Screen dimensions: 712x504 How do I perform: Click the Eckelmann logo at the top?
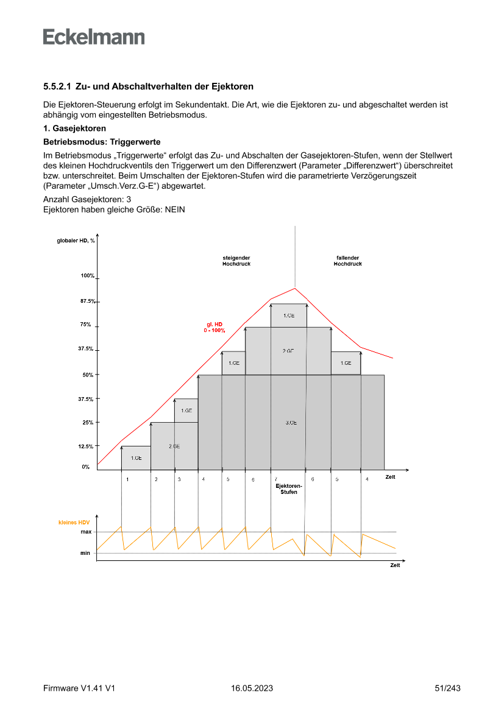[94, 37]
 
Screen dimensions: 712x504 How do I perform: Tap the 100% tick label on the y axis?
[87, 276]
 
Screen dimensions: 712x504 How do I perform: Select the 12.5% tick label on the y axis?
[86, 446]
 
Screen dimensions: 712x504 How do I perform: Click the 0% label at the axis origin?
[86, 467]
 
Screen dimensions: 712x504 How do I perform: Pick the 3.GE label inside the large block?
[291, 422]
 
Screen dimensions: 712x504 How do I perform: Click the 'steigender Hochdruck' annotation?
[236, 261]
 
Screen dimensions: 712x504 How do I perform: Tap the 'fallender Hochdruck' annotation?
[347, 261]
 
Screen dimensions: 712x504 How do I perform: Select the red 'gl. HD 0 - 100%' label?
[215, 327]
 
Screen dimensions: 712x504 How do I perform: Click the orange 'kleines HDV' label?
[74, 522]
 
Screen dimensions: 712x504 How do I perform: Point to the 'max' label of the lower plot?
[86, 532]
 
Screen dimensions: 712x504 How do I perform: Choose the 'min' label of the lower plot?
[85, 553]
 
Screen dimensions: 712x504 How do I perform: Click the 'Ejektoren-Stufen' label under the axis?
[289, 488]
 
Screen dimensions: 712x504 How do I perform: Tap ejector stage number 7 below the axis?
[275, 479]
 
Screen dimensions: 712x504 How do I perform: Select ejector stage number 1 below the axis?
[127, 479]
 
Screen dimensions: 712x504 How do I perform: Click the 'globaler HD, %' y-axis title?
[71, 240]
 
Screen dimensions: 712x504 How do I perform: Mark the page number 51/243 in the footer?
[447, 688]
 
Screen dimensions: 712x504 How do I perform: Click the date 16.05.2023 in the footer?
[252, 688]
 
